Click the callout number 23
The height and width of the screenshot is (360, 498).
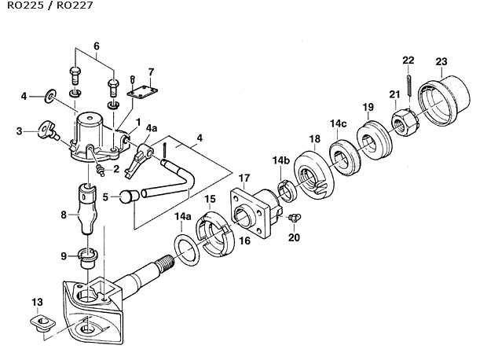[441, 62]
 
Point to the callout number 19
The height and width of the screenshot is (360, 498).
[367, 107]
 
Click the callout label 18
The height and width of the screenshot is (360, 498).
[314, 139]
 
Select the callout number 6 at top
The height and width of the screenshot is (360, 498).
[97, 47]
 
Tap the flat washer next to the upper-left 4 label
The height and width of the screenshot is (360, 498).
[49, 97]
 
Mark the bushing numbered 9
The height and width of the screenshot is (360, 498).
[87, 256]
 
